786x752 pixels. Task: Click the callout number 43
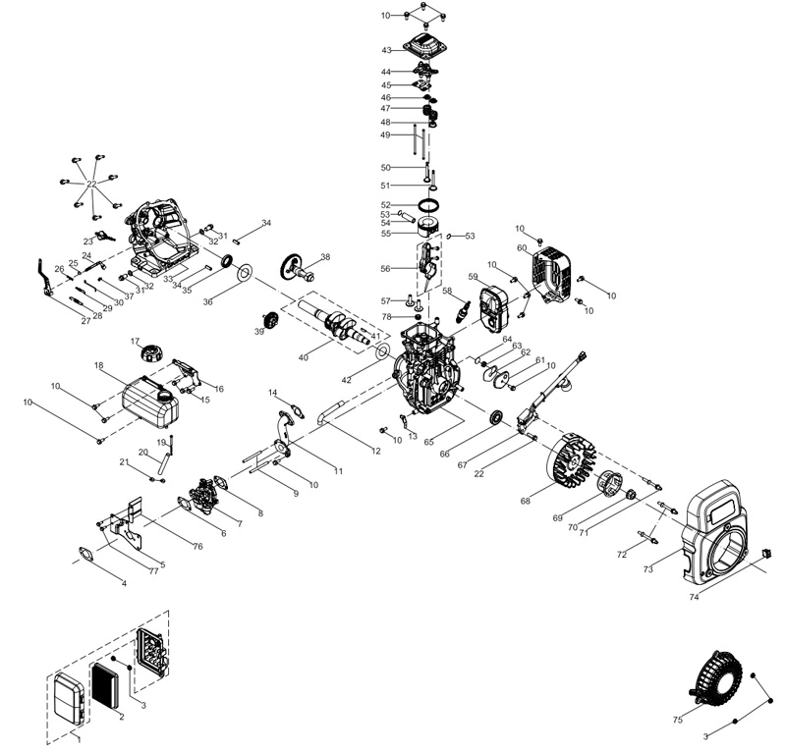pyautogui.click(x=386, y=50)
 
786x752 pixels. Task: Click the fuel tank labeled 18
pyautogui.click(x=150, y=402)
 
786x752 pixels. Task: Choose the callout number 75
pyautogui.click(x=678, y=720)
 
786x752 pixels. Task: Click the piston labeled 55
pyautogui.click(x=428, y=228)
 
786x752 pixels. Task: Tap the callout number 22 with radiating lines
pyautogui.click(x=91, y=185)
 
